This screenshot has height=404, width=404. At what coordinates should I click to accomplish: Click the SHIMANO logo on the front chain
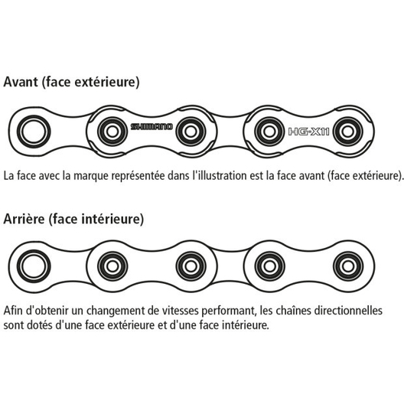tap(151, 126)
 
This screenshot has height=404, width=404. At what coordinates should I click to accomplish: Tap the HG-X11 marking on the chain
tap(308, 132)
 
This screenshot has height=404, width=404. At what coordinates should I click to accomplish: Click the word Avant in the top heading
tap(21, 82)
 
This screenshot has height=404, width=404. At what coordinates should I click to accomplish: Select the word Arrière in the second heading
tap(24, 219)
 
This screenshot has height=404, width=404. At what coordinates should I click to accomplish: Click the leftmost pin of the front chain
tap(34, 132)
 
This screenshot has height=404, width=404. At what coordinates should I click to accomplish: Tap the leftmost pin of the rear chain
tap(34, 266)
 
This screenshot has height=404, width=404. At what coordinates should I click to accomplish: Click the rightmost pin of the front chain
tap(348, 132)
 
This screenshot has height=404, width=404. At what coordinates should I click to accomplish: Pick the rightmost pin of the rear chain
tap(348, 266)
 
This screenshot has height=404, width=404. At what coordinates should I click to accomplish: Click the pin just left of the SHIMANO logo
tap(112, 132)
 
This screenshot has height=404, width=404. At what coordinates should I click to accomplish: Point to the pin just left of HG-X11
tap(269, 132)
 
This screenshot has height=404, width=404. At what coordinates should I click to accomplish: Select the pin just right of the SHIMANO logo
tap(191, 132)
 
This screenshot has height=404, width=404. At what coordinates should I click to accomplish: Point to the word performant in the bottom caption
tap(229, 311)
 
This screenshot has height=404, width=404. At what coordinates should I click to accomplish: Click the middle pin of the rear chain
tap(191, 266)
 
